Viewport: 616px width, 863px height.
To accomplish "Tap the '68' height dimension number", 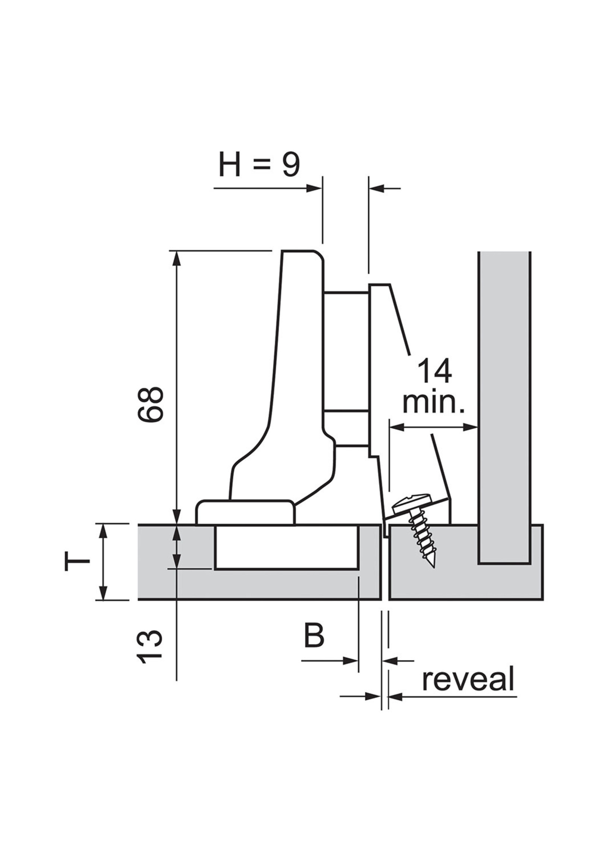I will (x=151, y=404).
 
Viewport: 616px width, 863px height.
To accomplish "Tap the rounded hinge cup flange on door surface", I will (x=245, y=513).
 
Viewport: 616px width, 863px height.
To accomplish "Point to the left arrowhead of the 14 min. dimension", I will (x=395, y=428).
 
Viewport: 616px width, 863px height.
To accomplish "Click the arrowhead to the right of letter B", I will (x=353, y=661).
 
